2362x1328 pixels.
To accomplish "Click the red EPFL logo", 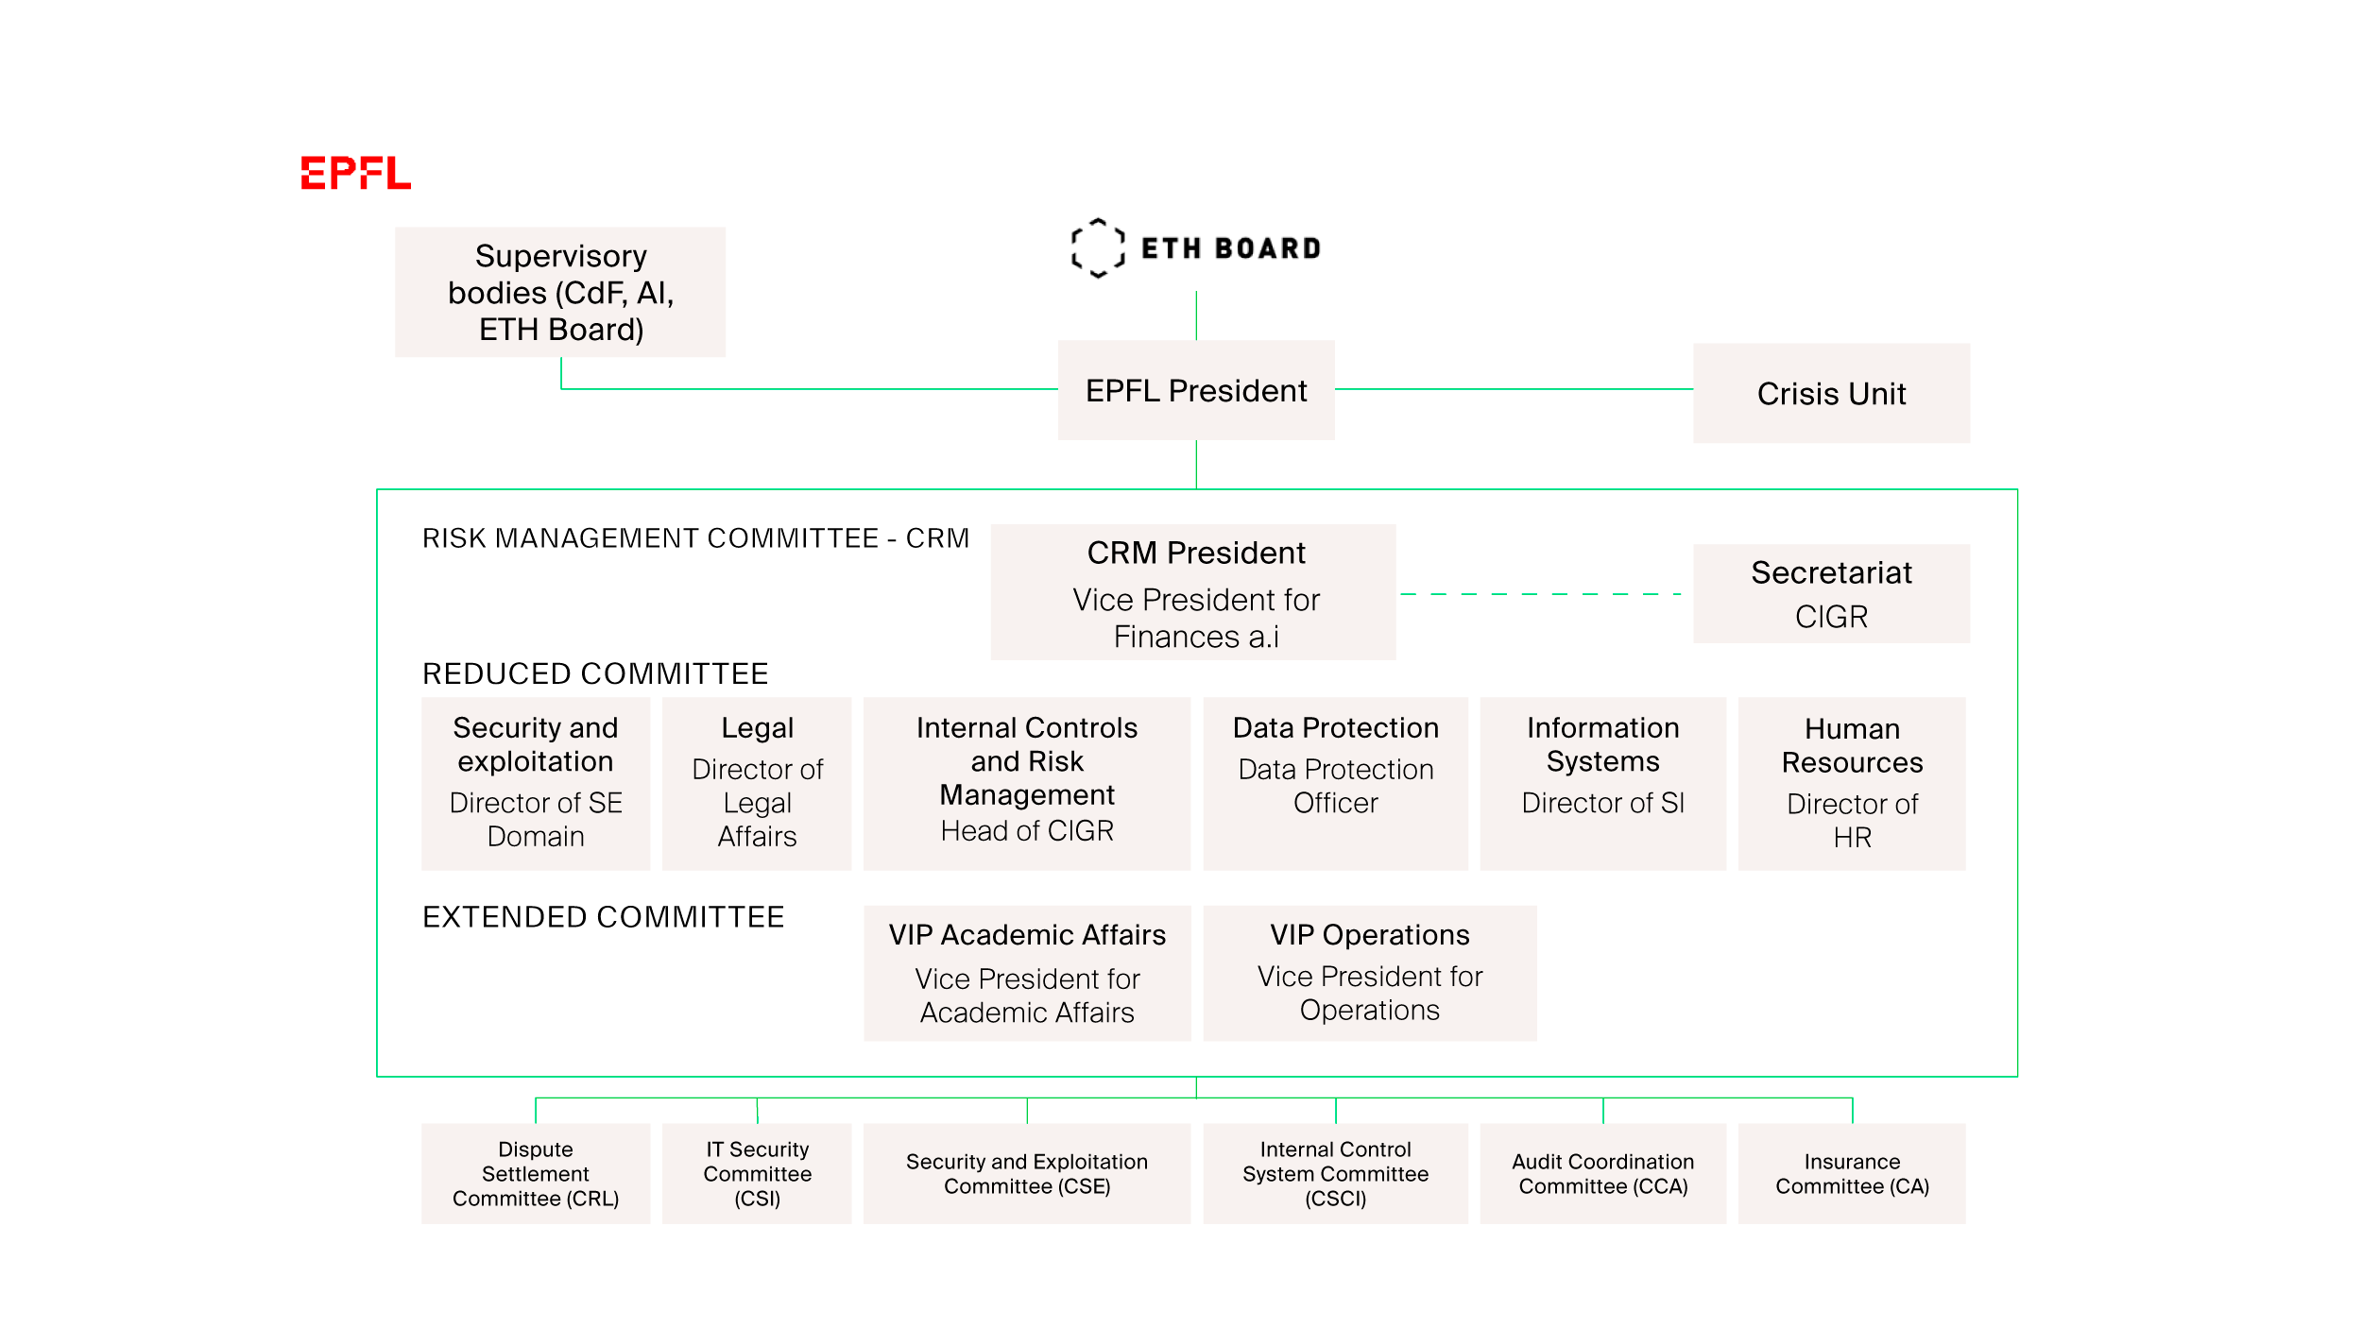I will click(355, 173).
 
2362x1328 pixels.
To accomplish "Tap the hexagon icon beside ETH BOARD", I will click(1097, 247).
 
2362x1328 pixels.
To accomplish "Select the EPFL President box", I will click(1195, 390).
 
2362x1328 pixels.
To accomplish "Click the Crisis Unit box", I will click(1830, 393).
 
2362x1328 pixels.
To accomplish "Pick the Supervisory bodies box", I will click(560, 292).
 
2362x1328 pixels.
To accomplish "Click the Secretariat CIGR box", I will click(1830, 593).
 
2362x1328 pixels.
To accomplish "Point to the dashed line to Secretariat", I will click(1540, 594).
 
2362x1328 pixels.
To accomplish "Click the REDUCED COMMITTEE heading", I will click(595, 673).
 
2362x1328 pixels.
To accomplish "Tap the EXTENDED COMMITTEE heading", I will click(603, 917).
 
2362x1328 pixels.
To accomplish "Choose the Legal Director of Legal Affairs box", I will click(757, 783).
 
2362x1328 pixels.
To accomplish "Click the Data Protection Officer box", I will click(1334, 783).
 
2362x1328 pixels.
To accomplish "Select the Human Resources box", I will click(1851, 783).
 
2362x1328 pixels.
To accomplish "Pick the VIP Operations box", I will click(1369, 973).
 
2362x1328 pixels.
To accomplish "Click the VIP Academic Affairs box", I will click(1027, 973).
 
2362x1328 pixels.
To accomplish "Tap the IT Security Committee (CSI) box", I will click(757, 1173).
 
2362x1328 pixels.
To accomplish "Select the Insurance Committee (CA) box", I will click(1851, 1173).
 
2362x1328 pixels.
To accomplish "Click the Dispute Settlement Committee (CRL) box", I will click(536, 1173).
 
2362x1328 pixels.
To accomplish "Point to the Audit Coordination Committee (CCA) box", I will click(1602, 1173).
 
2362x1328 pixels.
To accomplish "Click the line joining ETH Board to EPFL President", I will click(1196, 315).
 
